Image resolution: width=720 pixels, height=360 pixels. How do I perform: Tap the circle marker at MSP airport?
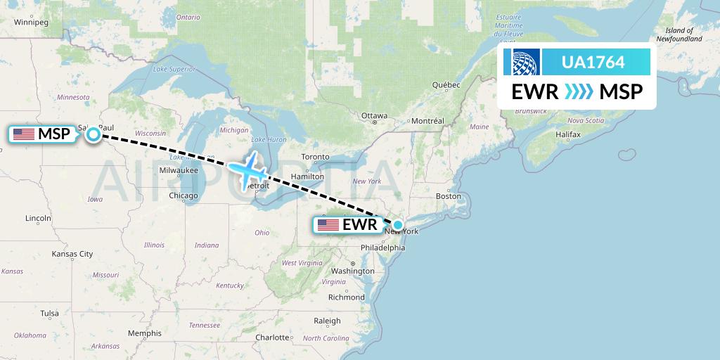[93, 134]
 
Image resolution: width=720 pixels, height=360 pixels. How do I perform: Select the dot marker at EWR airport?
[398, 225]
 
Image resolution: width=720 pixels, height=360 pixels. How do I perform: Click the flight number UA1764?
[593, 63]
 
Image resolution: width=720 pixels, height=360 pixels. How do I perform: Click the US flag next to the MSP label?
[24, 134]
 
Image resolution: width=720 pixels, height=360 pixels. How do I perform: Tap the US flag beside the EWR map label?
[328, 226]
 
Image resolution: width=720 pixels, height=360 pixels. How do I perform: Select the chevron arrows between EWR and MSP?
[579, 92]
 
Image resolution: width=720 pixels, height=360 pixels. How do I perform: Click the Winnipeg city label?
[30, 22]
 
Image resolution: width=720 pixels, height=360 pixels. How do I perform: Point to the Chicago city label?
[183, 195]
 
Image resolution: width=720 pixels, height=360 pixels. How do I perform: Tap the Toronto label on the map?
[315, 156]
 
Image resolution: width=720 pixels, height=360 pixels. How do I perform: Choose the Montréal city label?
[427, 121]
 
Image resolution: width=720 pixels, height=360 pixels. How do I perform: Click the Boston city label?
[448, 196]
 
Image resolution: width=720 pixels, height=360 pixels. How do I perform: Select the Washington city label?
[352, 271]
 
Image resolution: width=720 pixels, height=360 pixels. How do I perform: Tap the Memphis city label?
[144, 333]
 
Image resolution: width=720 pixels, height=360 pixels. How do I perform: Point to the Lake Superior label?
[173, 69]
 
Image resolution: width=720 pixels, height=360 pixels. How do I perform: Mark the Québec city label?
[446, 85]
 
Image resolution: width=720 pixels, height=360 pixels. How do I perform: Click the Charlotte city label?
[272, 337]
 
